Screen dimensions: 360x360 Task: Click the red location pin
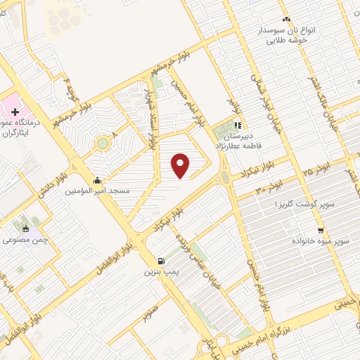[181, 166]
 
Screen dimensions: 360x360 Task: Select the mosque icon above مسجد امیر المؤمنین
[105, 179]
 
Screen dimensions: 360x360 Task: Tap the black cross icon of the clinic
[15, 112]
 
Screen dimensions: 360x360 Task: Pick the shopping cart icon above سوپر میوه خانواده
[321, 230]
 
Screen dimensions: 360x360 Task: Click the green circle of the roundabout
[103, 143]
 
